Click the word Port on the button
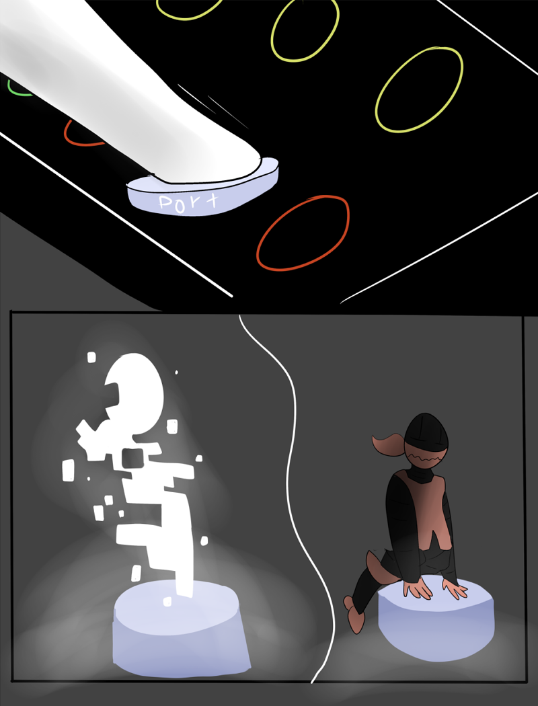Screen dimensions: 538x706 pyautogui.click(x=190, y=202)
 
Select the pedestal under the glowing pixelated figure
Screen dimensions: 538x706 pyautogui.click(x=180, y=631)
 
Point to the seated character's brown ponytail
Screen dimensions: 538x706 pyautogui.click(x=388, y=444)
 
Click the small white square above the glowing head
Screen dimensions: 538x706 pyautogui.click(x=91, y=358)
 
